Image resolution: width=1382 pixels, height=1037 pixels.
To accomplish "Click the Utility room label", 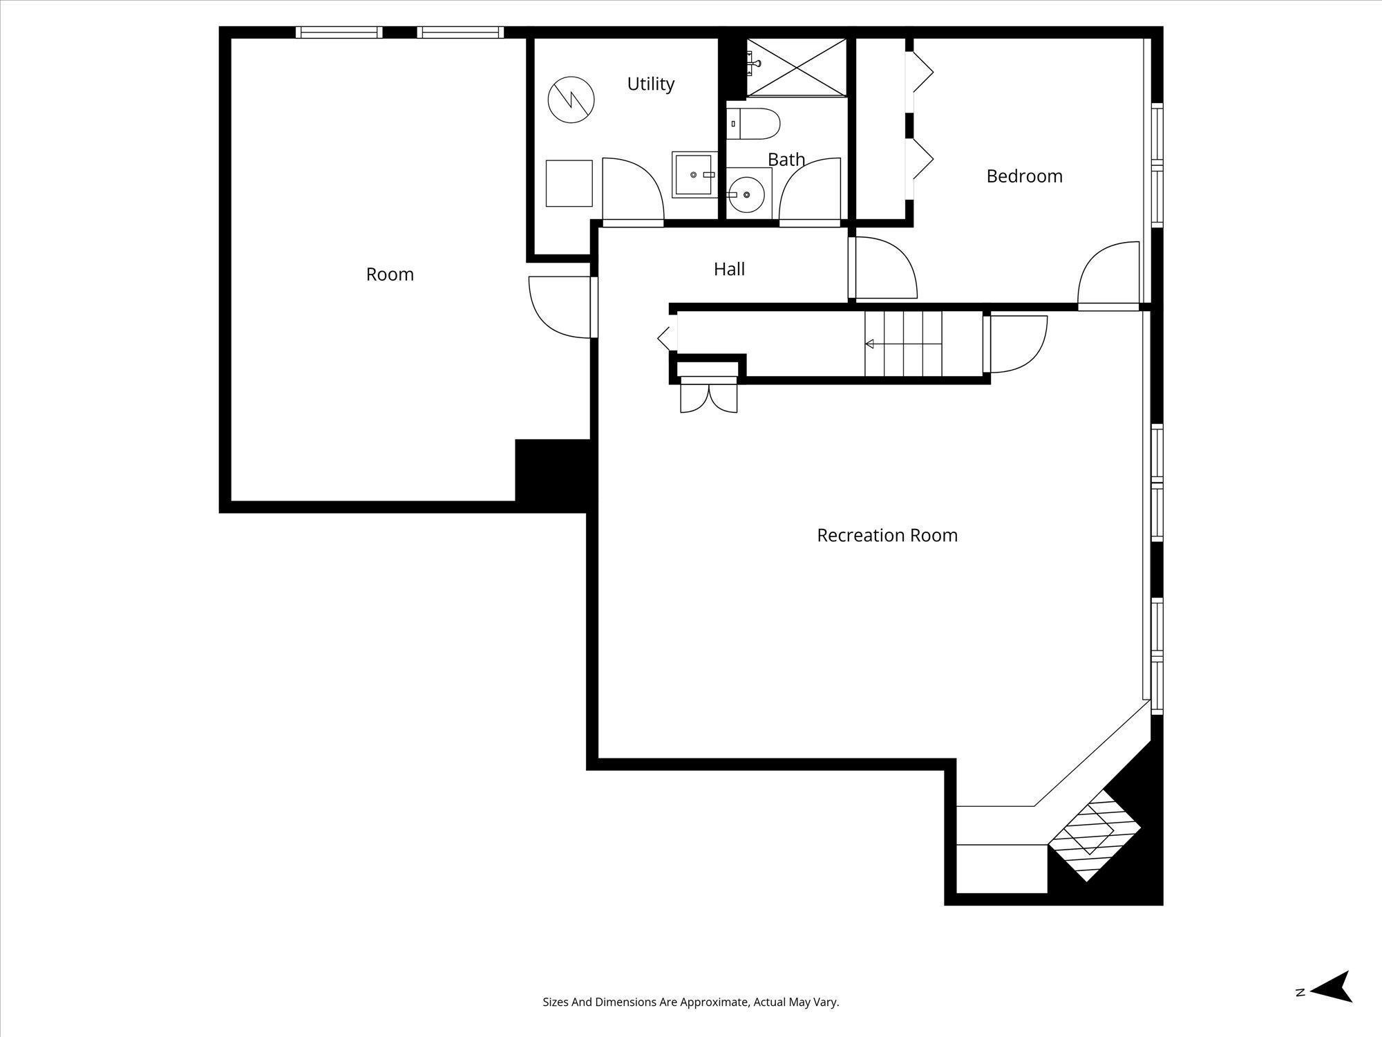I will [x=650, y=84].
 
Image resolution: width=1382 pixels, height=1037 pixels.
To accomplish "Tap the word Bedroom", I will [x=1024, y=176].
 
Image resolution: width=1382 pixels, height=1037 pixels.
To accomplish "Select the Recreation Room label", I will [x=887, y=535].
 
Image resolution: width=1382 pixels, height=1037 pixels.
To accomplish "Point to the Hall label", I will [x=729, y=269].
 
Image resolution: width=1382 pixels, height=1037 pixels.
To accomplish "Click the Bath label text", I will [x=786, y=160].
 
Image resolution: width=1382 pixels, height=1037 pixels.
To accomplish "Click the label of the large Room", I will [x=390, y=274].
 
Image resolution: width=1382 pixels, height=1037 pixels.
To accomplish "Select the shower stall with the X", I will [x=796, y=67].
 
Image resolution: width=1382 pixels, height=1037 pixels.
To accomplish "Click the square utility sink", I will [x=694, y=175].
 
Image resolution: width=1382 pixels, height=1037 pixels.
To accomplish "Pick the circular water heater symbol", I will [x=571, y=100].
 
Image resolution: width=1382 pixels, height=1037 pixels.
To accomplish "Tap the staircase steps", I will [x=903, y=344].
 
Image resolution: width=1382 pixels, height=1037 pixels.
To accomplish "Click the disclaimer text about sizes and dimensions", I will [x=690, y=1002].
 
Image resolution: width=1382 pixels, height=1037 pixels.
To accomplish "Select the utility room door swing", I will [x=632, y=190].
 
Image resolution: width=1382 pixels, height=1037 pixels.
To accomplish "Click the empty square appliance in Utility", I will [x=569, y=183].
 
